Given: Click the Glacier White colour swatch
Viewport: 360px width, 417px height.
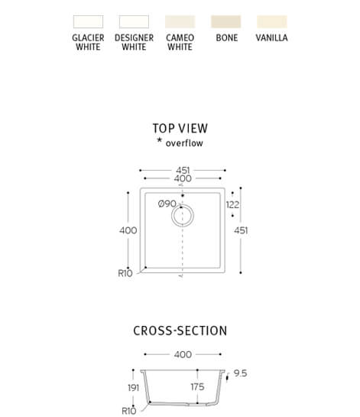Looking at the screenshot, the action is (88, 21).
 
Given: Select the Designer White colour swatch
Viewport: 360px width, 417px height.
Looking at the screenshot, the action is (134, 21).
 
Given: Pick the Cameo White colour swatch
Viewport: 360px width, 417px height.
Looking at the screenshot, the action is (180, 21).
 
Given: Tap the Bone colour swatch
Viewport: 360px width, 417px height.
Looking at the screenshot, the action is (225, 21).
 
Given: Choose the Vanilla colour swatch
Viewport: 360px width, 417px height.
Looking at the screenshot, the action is (272, 21).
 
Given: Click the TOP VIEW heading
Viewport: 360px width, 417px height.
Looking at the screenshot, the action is (180, 129).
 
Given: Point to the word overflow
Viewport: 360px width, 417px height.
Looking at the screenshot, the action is (184, 143).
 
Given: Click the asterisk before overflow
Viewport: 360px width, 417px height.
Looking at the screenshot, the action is (159, 140).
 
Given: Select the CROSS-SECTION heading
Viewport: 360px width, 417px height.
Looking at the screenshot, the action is (180, 331).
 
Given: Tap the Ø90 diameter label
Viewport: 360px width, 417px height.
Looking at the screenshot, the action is (167, 204).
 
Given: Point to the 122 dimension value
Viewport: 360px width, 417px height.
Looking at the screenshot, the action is (232, 205).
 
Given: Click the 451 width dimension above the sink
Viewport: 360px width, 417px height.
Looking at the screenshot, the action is (183, 170).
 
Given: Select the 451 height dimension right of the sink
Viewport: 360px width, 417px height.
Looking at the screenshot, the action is (241, 230).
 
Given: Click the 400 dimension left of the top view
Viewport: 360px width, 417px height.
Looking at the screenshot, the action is (128, 230).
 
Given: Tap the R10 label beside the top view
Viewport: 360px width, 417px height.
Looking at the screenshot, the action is (125, 273).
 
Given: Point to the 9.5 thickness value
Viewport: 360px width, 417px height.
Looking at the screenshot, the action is (240, 373).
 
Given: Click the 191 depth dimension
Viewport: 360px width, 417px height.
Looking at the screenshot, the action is (133, 388).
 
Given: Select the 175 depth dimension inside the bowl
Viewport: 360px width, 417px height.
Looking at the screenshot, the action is (197, 387).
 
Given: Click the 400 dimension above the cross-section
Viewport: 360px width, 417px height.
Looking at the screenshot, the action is (183, 354).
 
